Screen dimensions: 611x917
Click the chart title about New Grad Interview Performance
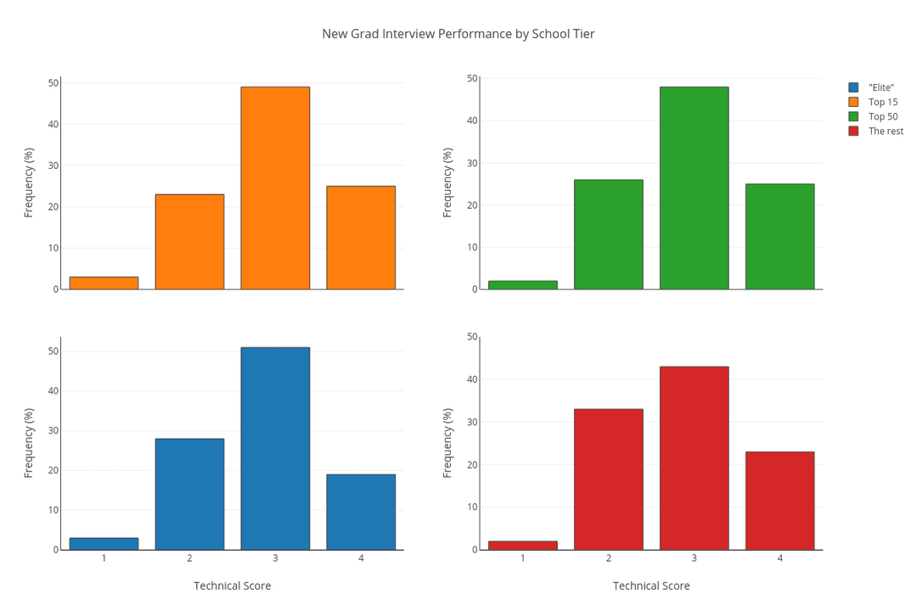pos(458,34)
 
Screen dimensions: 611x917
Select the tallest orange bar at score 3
pos(275,188)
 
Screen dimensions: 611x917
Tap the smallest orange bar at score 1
pos(104,283)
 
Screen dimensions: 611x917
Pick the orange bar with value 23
pos(189,242)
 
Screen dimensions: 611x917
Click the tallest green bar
pos(694,188)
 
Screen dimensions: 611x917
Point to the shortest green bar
pos(522,285)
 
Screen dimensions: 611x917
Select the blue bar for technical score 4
pos(361,512)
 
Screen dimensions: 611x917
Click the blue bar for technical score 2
pos(189,494)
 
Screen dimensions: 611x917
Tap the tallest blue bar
pos(275,448)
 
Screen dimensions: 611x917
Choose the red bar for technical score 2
pos(608,479)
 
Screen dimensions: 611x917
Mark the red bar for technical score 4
pos(779,501)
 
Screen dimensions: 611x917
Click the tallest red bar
pos(694,458)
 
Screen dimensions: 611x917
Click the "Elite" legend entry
pos(880,87)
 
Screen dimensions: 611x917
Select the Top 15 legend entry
pos(882,102)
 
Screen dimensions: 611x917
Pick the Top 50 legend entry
pos(882,116)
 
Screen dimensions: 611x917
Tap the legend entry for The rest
pos(886,131)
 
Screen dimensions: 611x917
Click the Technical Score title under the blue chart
pos(232,586)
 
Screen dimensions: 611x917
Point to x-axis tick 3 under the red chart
pos(694,558)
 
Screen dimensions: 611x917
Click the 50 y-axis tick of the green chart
pos(472,78)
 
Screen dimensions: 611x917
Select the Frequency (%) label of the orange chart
pos(29,182)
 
